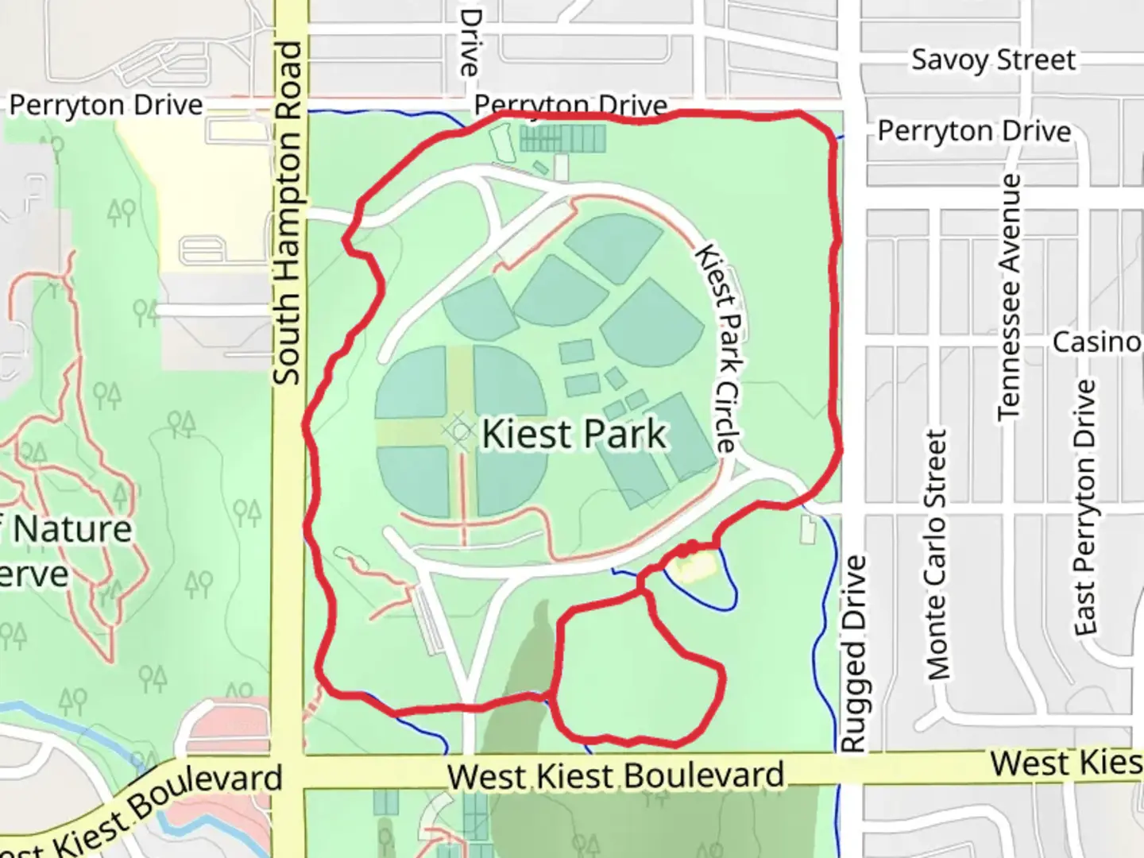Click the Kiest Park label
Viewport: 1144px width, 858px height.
point(574,434)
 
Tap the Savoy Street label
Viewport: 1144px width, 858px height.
point(993,60)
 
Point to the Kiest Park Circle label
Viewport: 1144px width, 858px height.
point(718,348)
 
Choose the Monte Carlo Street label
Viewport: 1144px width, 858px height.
point(938,555)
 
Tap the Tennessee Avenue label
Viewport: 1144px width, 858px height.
point(1008,297)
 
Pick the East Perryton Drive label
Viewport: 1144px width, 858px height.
point(1085,507)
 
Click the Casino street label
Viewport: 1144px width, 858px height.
point(1096,342)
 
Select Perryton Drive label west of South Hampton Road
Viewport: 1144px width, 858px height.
point(106,105)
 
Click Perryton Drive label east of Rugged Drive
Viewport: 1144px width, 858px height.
point(974,130)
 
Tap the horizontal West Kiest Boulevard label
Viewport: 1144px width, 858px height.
point(616,775)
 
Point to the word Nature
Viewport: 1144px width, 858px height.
point(73,529)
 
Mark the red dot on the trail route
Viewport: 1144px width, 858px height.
point(690,547)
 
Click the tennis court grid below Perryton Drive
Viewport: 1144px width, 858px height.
point(562,140)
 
